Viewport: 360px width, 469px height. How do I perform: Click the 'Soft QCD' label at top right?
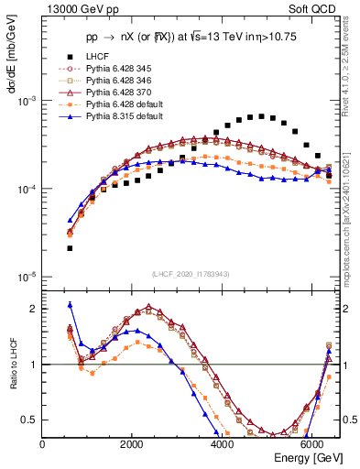(314, 11)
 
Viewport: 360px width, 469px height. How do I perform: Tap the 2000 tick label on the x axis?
(132, 443)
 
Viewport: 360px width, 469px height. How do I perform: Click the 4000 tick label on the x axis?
(222, 443)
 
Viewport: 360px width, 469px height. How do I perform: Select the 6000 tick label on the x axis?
(311, 443)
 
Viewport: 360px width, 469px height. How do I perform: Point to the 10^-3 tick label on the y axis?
(27, 101)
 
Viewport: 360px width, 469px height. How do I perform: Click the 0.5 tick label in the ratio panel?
(31, 420)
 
